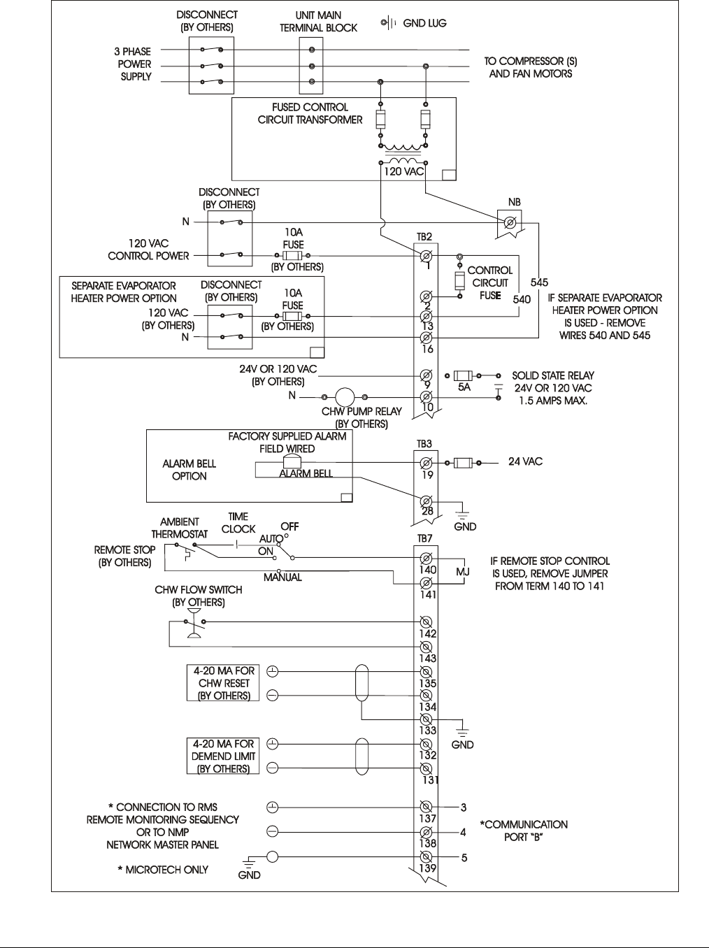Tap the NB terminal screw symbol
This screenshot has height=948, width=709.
[510, 223]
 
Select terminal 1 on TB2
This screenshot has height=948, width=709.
[425, 256]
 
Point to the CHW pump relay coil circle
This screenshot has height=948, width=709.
[345, 396]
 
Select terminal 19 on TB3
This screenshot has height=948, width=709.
[425, 463]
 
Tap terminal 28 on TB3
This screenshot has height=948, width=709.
[425, 501]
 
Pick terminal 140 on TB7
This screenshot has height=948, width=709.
[425, 559]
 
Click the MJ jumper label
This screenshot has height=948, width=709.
[463, 571]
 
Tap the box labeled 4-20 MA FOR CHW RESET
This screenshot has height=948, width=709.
[222, 683]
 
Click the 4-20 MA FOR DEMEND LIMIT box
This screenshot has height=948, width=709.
[222, 756]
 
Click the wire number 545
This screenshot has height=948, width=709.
[539, 282]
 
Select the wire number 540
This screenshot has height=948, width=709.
[522, 299]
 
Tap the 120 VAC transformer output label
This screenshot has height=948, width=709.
[403, 171]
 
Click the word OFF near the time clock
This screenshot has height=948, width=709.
[289, 526]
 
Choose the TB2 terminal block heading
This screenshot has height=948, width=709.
[424, 238]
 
